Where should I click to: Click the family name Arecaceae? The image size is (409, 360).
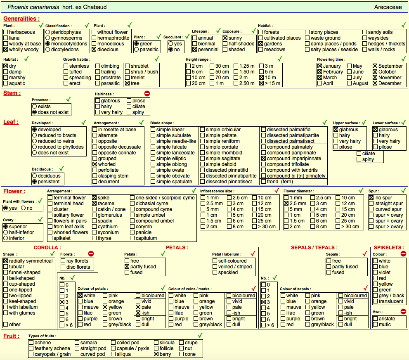tap(388, 7)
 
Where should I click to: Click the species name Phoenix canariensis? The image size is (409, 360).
tap(33, 7)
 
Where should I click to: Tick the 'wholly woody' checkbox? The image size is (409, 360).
tap(5, 49)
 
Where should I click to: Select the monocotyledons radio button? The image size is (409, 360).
tap(48, 44)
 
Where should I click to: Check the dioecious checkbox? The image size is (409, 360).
tap(94, 49)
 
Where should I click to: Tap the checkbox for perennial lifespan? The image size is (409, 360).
tap(194, 49)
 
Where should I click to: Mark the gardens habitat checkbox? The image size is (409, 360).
tap(260, 44)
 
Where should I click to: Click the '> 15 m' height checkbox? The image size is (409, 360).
tap(262, 83)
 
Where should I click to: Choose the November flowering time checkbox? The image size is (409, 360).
tap(375, 78)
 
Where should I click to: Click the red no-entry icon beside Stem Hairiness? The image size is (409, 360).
tap(147, 93)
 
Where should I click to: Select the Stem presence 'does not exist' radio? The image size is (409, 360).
tap(34, 112)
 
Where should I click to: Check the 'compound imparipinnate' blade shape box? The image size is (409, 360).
tap(263, 159)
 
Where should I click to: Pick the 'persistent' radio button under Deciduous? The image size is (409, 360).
tap(34, 182)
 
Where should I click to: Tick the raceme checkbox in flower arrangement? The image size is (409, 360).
tap(95, 204)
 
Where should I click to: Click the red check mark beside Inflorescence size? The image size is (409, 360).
tap(277, 190)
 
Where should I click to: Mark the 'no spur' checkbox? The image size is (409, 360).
tap(371, 198)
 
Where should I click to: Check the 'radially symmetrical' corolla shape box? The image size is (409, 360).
tap(5, 261)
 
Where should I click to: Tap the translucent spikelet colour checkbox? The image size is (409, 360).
tap(375, 301)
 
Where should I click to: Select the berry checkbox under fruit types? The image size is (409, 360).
tap(156, 354)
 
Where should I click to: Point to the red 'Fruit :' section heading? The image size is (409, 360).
tap(12, 336)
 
